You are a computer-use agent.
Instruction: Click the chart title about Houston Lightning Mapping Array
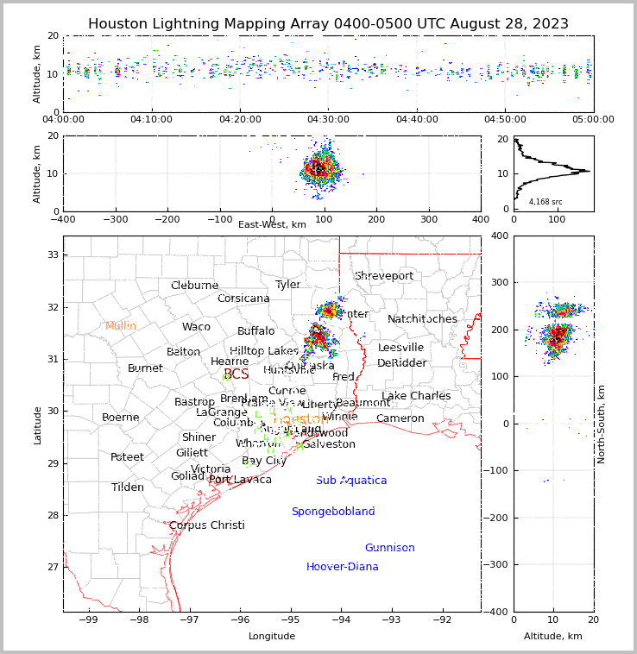[328, 24]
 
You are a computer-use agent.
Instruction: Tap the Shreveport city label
[384, 276]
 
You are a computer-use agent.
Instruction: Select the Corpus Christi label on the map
[207, 525]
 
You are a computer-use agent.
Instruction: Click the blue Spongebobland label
[333, 512]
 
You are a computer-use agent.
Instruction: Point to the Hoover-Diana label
[343, 567]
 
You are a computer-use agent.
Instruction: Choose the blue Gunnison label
[389, 548]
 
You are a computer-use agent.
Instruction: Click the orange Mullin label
[121, 326]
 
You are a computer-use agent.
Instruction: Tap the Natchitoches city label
[422, 319]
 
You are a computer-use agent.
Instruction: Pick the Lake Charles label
[416, 396]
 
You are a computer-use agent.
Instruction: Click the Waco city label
[196, 327]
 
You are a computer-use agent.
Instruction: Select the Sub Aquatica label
[351, 481]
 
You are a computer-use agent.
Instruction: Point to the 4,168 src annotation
[546, 202]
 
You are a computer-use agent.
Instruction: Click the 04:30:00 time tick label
[328, 120]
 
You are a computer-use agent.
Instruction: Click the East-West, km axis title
[272, 225]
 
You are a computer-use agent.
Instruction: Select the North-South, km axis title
[602, 424]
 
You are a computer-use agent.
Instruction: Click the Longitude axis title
[272, 636]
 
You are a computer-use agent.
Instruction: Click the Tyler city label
[287, 285]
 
